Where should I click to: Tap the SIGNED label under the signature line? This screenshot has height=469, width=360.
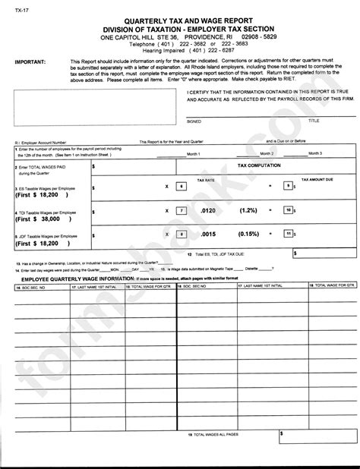tap(195, 121)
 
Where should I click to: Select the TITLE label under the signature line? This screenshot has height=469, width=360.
tap(314, 121)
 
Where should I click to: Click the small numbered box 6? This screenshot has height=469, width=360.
tap(180, 185)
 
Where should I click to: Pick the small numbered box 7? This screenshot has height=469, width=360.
tap(180, 210)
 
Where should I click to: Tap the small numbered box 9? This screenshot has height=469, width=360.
tap(286, 185)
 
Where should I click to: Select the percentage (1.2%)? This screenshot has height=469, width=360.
tap(247, 210)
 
